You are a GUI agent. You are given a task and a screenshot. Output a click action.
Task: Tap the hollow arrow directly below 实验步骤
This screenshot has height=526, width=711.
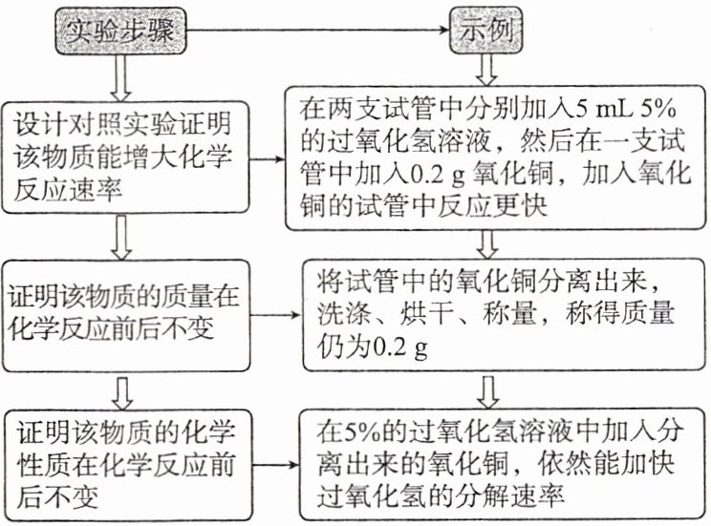pyautogui.click(x=118, y=75)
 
